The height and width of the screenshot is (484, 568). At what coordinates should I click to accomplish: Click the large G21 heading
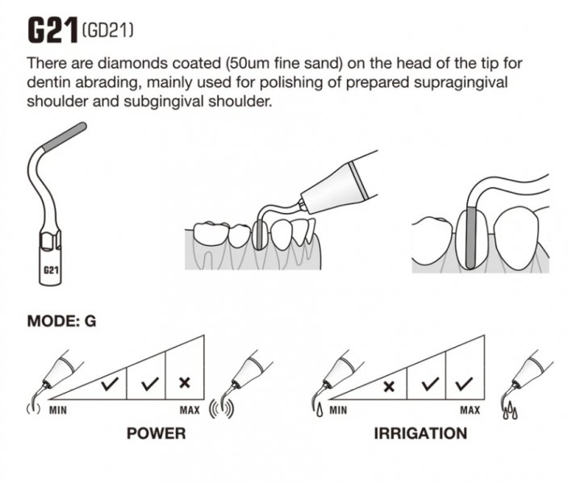click(53, 31)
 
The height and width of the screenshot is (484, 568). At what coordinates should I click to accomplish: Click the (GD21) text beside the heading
click(107, 31)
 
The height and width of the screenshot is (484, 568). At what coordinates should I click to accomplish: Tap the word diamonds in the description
click(132, 64)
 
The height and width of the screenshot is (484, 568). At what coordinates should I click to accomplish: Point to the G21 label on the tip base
click(51, 270)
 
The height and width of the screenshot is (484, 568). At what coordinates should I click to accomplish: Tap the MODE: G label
click(61, 321)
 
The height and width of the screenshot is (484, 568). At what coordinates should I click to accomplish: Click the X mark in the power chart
click(185, 382)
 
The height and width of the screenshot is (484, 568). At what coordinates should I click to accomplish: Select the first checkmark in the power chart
click(110, 384)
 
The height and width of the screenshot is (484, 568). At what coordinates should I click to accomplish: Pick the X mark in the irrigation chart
click(389, 386)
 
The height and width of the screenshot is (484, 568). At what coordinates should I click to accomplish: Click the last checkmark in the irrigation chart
click(464, 384)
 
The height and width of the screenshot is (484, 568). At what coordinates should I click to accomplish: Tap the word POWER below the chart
click(157, 433)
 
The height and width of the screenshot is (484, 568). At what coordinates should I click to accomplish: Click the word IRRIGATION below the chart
click(420, 433)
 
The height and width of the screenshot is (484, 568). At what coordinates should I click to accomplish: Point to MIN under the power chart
click(58, 410)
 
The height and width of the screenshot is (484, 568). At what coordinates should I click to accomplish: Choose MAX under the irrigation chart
click(470, 410)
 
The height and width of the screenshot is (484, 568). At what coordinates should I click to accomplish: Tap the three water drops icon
click(511, 411)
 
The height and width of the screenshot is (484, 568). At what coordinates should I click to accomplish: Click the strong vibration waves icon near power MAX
click(222, 410)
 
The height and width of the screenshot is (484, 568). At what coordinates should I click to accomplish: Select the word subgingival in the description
click(165, 102)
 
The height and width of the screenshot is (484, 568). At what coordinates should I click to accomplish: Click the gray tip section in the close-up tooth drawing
click(470, 237)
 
